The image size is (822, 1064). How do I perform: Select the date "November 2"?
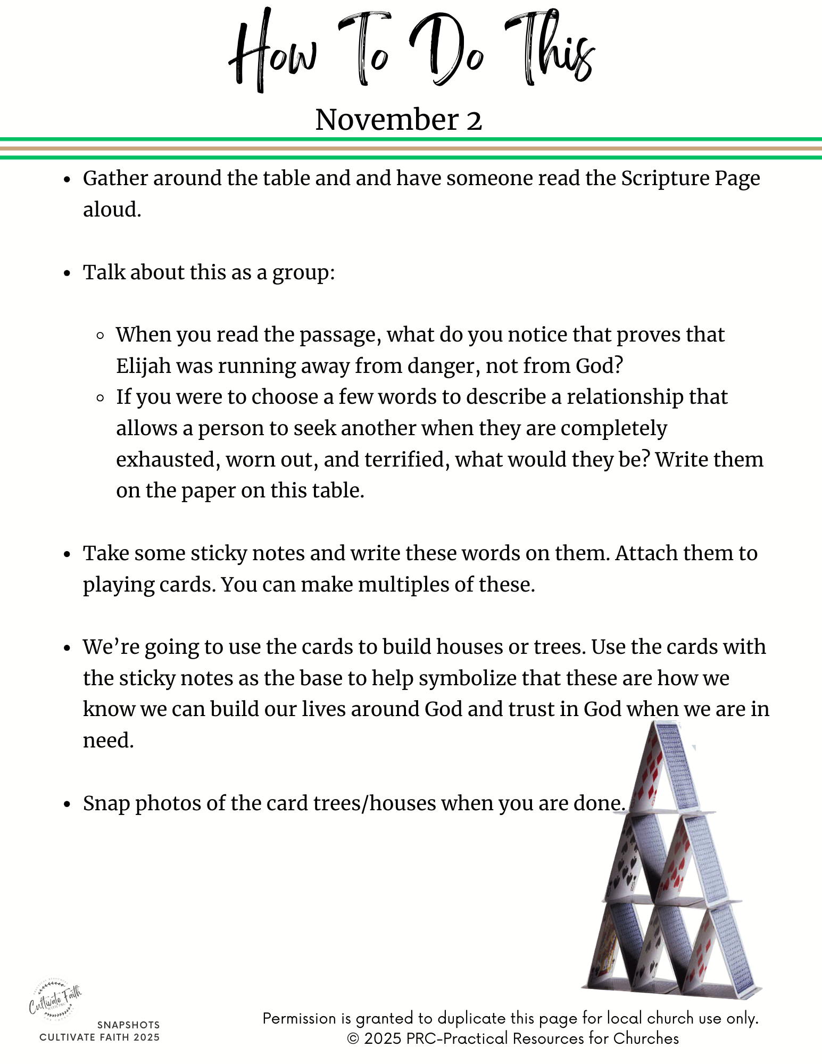[x=398, y=119]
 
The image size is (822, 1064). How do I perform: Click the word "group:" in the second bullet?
[x=304, y=272]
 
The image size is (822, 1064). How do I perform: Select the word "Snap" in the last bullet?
[x=106, y=803]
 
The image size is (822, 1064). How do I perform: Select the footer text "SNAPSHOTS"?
[x=128, y=1025]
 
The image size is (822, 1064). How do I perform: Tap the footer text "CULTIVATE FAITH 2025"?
[x=99, y=1037]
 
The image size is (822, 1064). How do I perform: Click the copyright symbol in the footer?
[x=353, y=1038]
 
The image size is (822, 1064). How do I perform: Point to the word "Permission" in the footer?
[x=300, y=1018]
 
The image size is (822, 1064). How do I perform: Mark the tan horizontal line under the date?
[x=411, y=148]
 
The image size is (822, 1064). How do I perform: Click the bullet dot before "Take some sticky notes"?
[x=67, y=554]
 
